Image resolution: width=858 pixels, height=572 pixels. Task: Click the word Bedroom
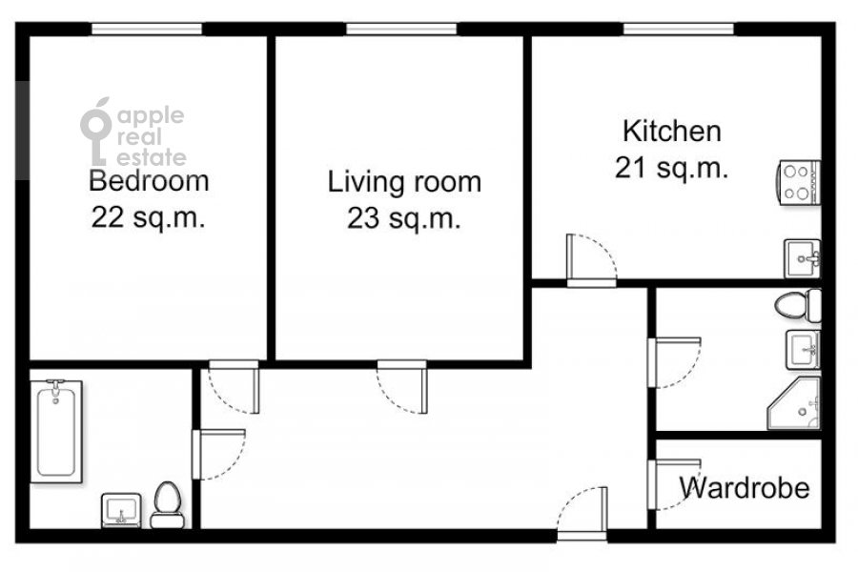pos(149,181)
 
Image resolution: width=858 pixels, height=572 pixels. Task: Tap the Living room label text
pos(404,182)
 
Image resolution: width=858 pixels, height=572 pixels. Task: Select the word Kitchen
pos(672,132)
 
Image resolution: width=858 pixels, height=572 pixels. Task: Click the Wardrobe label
pos(745,488)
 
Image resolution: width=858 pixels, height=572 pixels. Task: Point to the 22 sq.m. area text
pos(149,217)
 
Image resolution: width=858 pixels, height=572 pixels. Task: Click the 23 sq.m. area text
pos(404,218)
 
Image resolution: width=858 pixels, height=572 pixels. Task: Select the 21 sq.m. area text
pos(671,168)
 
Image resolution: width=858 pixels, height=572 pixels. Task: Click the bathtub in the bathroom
pos(56,431)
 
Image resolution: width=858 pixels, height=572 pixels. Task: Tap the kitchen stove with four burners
pos(799,183)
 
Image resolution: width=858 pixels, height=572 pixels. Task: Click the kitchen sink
pos(803,258)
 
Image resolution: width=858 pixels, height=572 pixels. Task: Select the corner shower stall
pos(794,403)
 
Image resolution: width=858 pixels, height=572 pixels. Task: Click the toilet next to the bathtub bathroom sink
pos(168,504)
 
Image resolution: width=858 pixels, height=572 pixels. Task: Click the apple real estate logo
pos(133,132)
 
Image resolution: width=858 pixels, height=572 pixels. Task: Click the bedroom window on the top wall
pos(147,29)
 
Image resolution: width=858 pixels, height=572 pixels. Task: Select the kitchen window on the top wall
pos(679,29)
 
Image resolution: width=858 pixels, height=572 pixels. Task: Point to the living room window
pos(401,29)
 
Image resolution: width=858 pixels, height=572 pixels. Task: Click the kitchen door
pos(591,260)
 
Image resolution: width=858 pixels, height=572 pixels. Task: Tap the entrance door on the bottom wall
pos(582,514)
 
